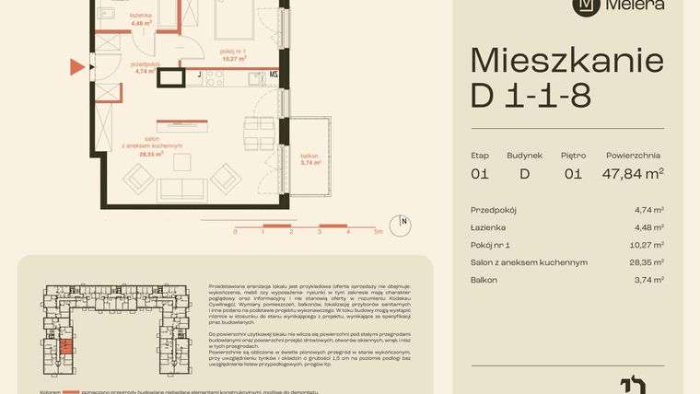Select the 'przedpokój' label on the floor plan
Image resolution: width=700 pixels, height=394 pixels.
coord(146,64)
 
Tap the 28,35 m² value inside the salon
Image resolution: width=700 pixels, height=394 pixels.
coord(152,155)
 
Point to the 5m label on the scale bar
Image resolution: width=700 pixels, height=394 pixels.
coord(378,233)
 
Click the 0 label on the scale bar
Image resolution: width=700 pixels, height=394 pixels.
coord(235,233)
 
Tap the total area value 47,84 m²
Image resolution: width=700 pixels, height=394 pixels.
coord(634,172)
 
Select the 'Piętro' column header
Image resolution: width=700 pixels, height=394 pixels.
coord(573,156)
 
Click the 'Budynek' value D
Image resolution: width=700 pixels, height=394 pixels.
coord(524,172)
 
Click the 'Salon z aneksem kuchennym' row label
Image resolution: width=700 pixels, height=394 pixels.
coord(528,262)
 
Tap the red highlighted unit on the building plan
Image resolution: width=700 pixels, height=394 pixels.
coord(66,347)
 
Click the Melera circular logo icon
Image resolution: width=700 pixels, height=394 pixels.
coord(584,5)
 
